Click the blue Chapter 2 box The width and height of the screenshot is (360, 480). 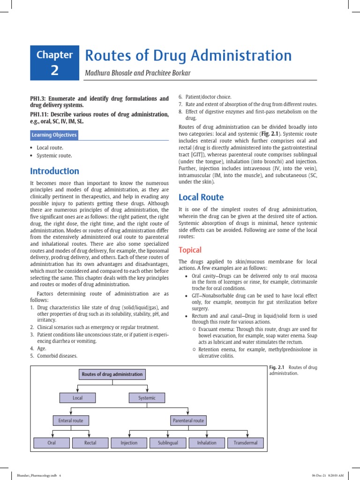(55, 63)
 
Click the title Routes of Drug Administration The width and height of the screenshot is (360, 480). (188, 55)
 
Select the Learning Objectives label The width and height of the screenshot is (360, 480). (54, 135)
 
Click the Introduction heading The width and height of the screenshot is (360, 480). (55, 171)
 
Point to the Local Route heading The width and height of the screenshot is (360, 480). (201, 197)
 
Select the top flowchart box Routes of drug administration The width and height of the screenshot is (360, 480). (112, 375)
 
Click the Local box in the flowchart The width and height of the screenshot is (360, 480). (77, 398)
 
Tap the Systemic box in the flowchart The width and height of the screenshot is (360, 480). (147, 398)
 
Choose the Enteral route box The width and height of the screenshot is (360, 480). (71, 420)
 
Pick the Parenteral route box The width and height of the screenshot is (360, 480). (188, 420)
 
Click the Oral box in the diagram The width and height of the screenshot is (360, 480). (52, 442)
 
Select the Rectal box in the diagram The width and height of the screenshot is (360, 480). (90, 442)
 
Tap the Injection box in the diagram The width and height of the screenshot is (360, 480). (129, 442)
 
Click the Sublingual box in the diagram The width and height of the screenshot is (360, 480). (168, 442)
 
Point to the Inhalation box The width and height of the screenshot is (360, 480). (207, 442)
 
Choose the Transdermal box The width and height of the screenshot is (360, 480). (246, 442)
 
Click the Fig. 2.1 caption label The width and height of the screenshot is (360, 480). (278, 367)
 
